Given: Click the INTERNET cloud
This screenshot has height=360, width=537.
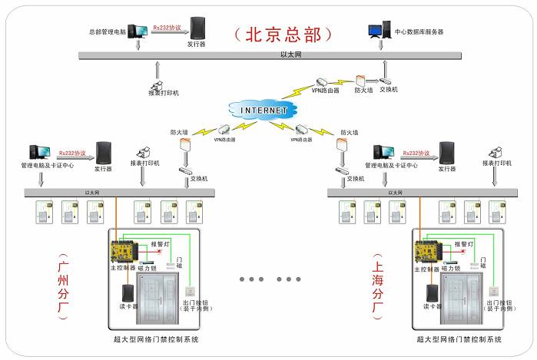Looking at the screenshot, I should (x=264, y=111).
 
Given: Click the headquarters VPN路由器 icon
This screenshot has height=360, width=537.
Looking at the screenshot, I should (x=323, y=81).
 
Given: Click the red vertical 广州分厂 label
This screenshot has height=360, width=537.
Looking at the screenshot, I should (x=64, y=286).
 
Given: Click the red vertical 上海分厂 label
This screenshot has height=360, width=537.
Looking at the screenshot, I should (x=377, y=286).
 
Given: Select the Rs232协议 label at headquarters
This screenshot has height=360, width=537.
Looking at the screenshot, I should (x=167, y=27).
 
